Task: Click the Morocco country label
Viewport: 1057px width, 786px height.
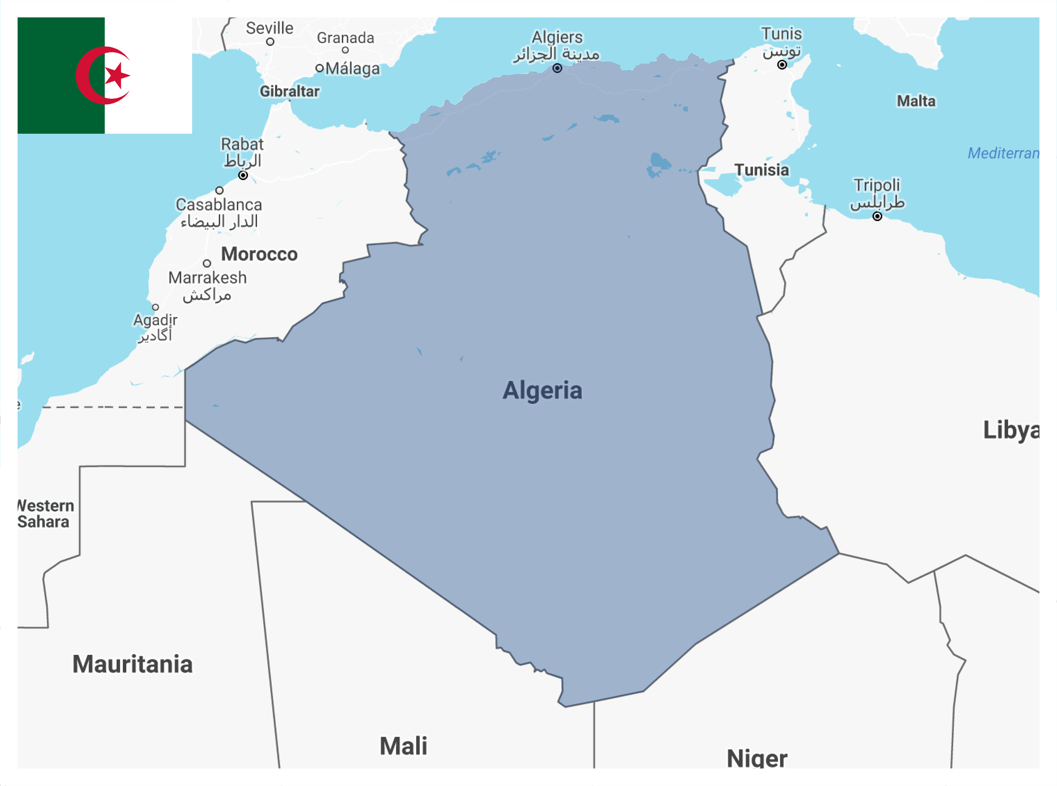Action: (x=259, y=254)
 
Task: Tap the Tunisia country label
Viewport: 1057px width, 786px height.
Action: (x=762, y=170)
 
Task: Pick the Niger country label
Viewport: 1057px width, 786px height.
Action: (x=757, y=758)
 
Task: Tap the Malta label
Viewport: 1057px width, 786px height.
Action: (x=916, y=101)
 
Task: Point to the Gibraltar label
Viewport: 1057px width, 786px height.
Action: (x=289, y=91)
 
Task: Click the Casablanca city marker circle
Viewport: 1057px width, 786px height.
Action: (x=219, y=190)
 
